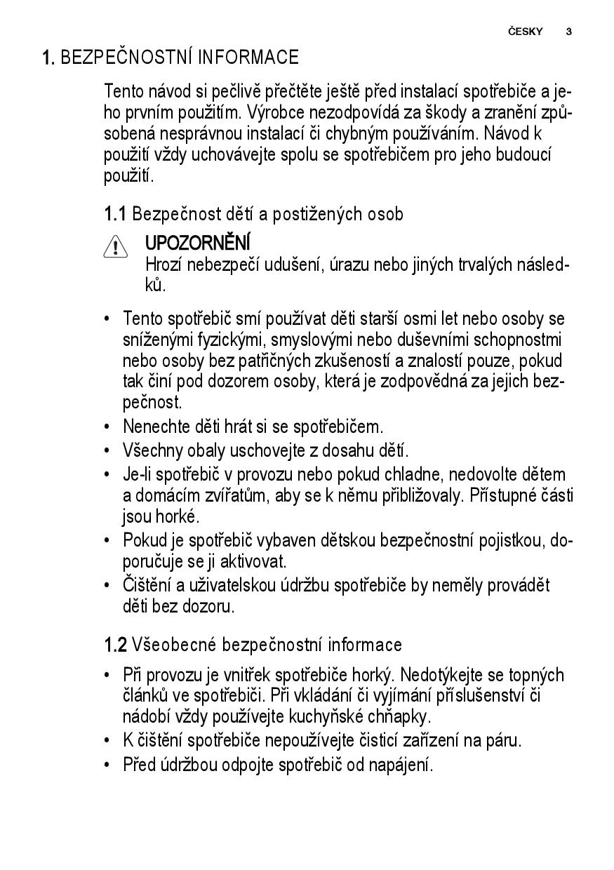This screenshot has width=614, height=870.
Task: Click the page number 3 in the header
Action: tap(568, 32)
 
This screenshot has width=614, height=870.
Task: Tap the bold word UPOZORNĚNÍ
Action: tap(197, 243)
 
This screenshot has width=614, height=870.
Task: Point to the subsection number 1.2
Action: tap(115, 645)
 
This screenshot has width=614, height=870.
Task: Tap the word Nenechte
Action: tap(154, 426)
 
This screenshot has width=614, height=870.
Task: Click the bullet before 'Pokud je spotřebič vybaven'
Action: tap(107, 541)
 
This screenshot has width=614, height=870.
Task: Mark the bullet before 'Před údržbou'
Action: tap(107, 764)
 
